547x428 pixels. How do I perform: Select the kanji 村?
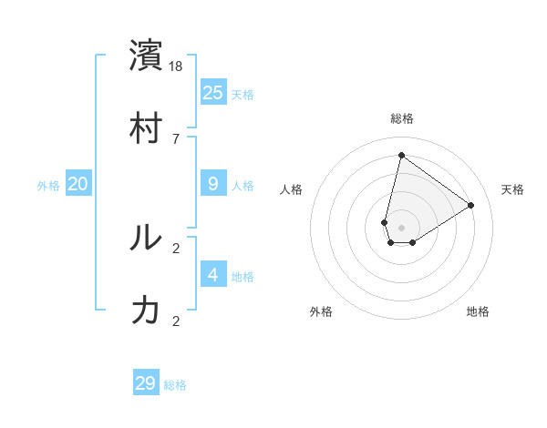[x=146, y=128]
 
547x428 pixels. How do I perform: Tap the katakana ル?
[x=146, y=238]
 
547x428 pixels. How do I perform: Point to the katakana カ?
[x=146, y=311]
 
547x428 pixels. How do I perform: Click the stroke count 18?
[x=177, y=66]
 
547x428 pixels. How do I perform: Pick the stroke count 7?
[x=177, y=138]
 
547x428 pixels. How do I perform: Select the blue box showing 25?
[x=213, y=92]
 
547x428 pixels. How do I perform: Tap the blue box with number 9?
[x=213, y=184]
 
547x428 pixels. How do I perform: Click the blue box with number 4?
[x=213, y=275]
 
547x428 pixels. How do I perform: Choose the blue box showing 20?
[x=78, y=184]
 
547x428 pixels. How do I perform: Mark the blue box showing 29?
[x=146, y=383]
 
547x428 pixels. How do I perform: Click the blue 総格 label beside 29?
[x=175, y=385]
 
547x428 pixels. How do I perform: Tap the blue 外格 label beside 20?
[x=48, y=186]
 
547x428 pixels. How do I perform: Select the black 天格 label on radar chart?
[x=512, y=189]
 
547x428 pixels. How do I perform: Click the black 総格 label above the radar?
[x=402, y=118]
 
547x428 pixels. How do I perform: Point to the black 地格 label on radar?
[x=478, y=311]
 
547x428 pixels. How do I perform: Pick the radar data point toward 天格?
[x=471, y=206]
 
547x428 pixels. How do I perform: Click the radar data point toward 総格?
[x=401, y=155]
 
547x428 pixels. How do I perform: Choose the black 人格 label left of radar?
[x=292, y=189]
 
